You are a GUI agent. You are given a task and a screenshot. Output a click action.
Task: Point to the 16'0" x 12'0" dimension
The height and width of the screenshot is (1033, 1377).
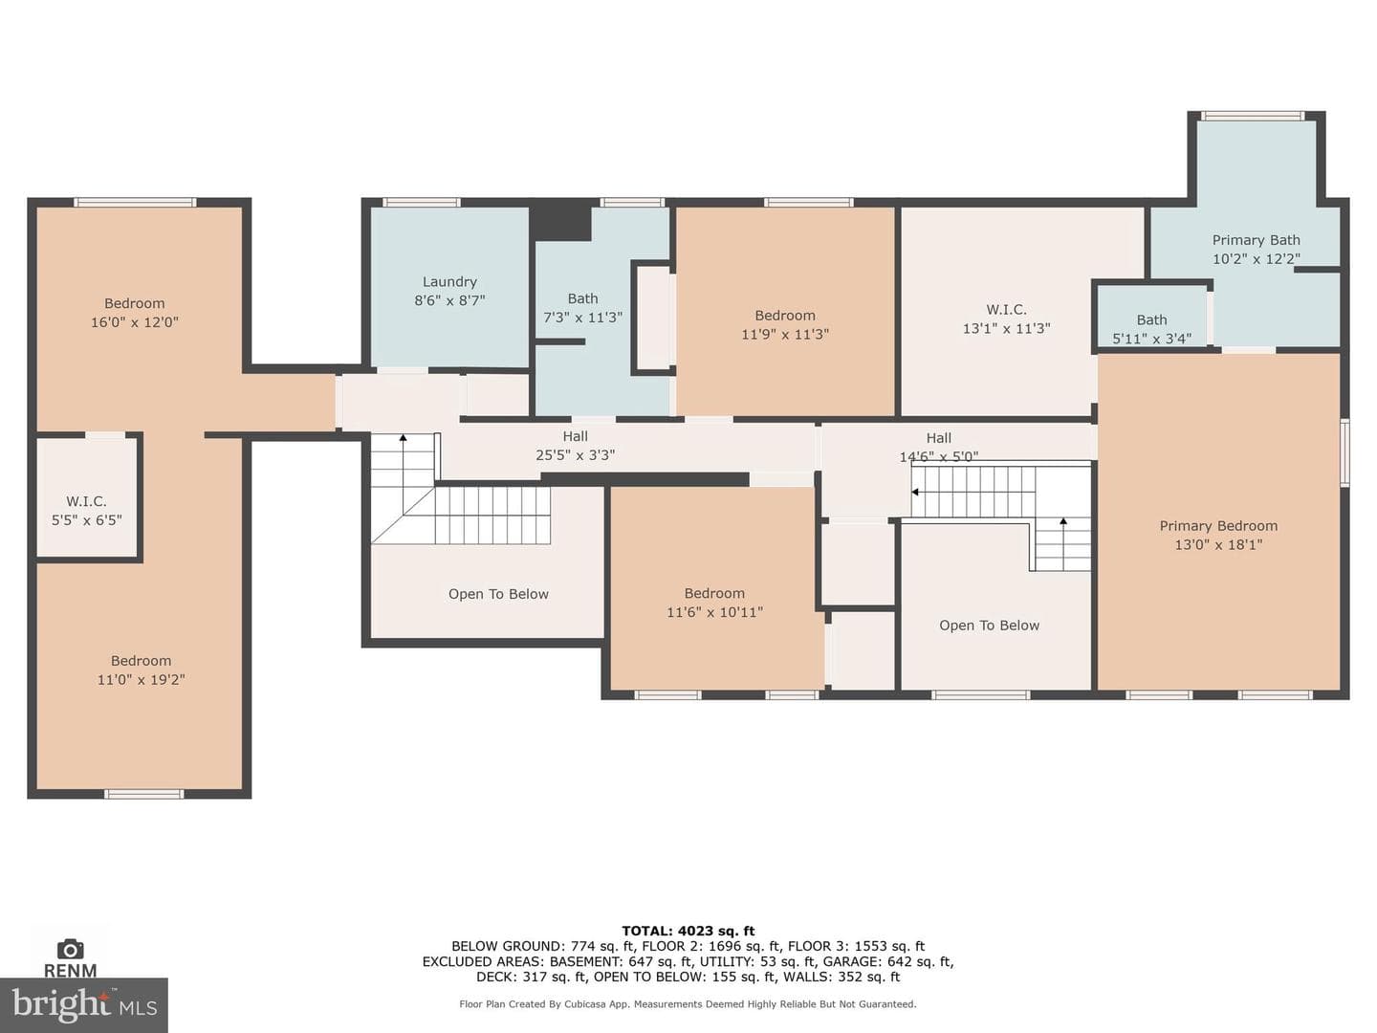pos(134,322)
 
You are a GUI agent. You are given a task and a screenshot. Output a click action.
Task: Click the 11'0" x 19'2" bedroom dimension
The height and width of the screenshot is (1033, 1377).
pos(141,680)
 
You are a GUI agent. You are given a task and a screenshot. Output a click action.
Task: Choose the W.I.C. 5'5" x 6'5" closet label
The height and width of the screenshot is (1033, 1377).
pos(87,511)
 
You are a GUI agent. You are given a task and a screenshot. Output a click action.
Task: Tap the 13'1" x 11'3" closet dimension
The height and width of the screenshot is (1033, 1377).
pos(1006,329)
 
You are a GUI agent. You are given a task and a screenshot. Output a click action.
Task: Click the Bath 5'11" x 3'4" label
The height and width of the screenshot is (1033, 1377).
pos(1151,329)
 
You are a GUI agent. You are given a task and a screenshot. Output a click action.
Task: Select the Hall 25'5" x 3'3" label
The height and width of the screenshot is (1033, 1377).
pos(575,446)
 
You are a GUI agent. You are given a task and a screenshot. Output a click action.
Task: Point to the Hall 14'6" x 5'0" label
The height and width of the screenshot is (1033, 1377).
pos(938,448)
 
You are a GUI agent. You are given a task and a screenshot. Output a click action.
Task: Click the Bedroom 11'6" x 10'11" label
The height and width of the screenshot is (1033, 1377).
pos(714,603)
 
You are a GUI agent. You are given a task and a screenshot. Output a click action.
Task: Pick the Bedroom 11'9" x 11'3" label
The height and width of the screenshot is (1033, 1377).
pos(785,324)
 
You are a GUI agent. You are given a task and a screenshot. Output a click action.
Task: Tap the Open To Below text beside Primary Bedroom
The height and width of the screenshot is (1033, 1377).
pos(989,626)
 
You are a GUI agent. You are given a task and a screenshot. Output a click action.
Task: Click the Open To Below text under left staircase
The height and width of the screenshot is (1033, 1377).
pos(498,594)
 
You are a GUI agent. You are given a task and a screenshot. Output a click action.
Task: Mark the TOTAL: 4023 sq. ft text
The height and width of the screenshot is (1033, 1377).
pos(688,931)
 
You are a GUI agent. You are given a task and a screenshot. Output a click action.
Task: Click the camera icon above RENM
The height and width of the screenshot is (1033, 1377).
pos(70,949)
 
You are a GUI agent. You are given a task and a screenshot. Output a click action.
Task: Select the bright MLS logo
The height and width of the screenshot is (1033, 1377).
pos(83,1004)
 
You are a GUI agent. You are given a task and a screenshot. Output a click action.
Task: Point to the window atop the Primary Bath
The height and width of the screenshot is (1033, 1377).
pos(1254,116)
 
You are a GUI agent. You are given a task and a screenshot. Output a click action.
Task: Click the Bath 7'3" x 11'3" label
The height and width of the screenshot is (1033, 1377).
pos(582,308)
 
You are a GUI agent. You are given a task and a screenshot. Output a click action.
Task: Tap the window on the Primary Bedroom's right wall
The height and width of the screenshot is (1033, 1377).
pos(1344,452)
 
